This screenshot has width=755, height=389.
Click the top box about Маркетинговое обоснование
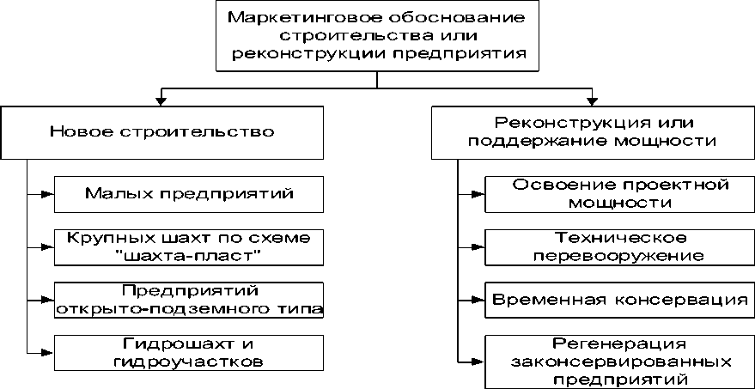(x=377, y=36)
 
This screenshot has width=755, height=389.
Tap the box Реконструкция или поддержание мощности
(x=592, y=132)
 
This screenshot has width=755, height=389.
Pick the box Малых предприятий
(x=189, y=193)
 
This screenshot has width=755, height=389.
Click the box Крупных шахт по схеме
(x=189, y=246)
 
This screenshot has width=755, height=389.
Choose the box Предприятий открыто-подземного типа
(x=189, y=300)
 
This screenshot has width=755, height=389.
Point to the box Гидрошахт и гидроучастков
(x=189, y=352)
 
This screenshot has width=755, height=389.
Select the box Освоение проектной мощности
(x=619, y=194)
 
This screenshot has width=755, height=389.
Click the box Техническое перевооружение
(x=619, y=246)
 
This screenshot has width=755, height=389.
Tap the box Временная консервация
(x=619, y=300)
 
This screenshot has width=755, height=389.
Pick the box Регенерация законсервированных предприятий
(x=619, y=359)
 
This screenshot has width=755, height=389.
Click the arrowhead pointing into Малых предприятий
(x=48, y=194)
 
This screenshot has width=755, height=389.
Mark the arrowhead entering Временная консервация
(x=478, y=301)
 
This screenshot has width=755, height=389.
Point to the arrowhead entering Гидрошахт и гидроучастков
(x=48, y=352)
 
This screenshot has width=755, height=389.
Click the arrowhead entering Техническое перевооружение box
(x=478, y=247)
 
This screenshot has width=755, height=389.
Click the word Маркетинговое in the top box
(x=279, y=17)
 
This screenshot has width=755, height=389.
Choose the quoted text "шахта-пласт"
(x=188, y=255)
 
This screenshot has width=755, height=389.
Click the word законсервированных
(x=619, y=360)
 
